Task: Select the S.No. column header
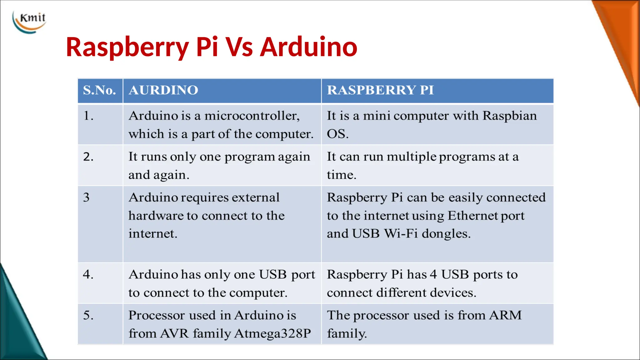99,90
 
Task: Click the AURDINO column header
163,90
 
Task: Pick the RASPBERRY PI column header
380,90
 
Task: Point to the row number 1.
88,116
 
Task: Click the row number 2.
88,157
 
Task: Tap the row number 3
86,197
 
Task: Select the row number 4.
88,274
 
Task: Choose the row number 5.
88,315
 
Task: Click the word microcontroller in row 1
252,116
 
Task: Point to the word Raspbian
509,116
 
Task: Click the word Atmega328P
272,333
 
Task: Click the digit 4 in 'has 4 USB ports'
433,274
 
